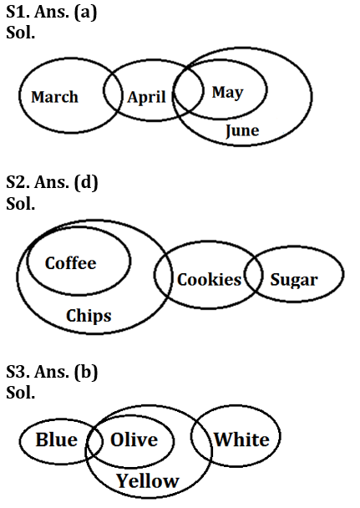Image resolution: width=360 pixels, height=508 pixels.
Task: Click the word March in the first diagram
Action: [55, 97]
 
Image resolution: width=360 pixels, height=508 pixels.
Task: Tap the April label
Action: [147, 97]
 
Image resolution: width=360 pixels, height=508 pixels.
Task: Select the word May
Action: [227, 93]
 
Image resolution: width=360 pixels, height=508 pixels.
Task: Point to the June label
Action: [242, 130]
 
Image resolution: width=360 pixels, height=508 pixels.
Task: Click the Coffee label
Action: [70, 262]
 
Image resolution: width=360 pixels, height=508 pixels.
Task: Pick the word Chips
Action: [89, 316]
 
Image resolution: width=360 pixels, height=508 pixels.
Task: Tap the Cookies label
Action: [209, 279]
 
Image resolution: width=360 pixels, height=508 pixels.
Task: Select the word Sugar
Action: [294, 280]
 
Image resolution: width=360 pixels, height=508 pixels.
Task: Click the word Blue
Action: [57, 439]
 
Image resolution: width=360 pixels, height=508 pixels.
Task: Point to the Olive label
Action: [134, 439]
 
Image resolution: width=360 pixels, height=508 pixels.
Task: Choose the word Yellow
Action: [148, 480]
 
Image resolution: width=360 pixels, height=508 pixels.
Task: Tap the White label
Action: [241, 439]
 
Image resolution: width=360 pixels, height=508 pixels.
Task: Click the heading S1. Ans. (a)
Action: [52, 13]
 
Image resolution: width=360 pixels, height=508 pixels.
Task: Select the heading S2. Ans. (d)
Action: [52, 182]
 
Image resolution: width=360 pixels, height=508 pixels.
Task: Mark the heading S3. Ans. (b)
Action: [52, 372]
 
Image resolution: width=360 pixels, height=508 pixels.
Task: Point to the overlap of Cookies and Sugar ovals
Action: [253, 274]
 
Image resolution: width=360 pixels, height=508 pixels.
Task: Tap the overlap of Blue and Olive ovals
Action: [94, 441]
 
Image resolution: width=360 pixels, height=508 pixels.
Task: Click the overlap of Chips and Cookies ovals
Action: [164, 275]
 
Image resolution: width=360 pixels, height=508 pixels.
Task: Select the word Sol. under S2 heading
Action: [20, 204]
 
